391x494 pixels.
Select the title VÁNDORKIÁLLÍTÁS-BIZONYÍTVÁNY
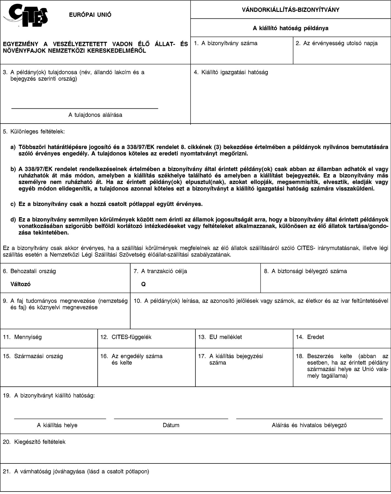290,10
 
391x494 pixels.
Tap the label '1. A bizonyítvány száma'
225,43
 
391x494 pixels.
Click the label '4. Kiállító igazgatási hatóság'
231,72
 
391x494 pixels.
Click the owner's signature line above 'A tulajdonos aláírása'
85,109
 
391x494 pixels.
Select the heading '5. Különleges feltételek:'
34,131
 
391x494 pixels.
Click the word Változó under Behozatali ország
20,284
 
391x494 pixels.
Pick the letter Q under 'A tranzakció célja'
143,284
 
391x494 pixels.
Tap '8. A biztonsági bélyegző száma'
305,271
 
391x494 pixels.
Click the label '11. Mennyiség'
22,337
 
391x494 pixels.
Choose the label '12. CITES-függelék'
126,337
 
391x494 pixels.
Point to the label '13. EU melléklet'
220,337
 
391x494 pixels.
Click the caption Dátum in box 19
171,425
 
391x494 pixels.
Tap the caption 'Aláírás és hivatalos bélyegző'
309,425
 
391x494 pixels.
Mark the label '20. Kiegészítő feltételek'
34,442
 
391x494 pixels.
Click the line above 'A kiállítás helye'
60,419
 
